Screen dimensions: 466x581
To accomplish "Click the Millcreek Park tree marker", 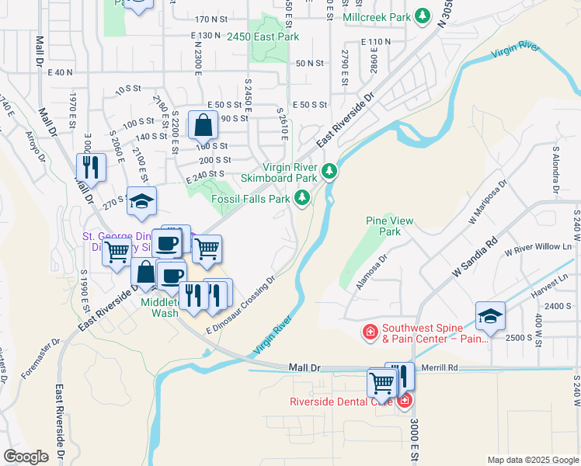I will point(422,16).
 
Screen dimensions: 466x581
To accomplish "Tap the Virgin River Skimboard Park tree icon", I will point(329,170).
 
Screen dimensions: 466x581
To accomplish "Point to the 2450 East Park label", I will point(263,37).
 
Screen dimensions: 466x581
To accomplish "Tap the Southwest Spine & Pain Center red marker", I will point(371,332).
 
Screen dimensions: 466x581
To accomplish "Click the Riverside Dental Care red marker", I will point(404,401).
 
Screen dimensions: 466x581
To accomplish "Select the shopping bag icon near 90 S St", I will point(203,124).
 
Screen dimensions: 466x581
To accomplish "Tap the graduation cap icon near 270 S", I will point(141,202).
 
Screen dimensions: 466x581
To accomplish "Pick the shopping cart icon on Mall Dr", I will point(381,382).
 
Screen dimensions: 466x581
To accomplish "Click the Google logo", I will point(26,457).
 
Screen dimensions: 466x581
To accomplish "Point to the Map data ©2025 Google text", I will point(532,460).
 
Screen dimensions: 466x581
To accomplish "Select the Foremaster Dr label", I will point(40,359).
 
